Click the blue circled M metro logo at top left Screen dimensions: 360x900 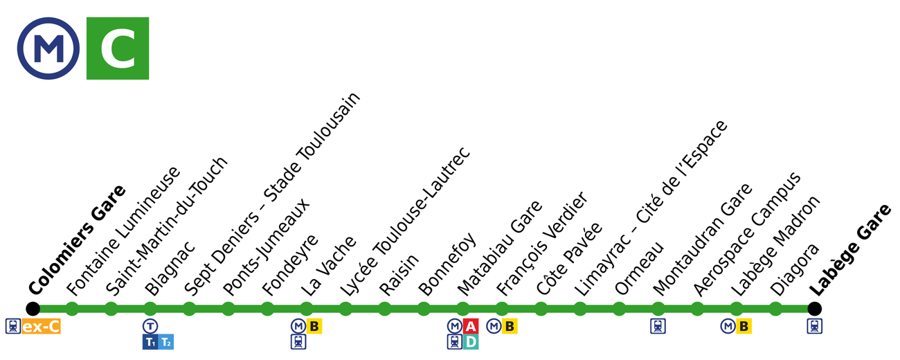click(x=48, y=48)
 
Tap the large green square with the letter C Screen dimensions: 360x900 click(x=118, y=48)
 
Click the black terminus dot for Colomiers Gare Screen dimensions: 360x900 click(x=33, y=309)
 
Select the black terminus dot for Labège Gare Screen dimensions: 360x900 click(x=815, y=309)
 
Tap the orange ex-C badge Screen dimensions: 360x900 click(x=42, y=326)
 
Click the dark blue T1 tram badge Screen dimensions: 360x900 click(x=150, y=341)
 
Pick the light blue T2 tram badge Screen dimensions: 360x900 click(x=166, y=341)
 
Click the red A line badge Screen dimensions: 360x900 click(x=471, y=326)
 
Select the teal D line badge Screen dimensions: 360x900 click(x=471, y=341)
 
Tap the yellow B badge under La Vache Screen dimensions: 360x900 click(x=315, y=326)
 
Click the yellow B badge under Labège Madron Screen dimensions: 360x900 click(x=744, y=326)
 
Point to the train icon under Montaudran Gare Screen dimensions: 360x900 click(x=658, y=326)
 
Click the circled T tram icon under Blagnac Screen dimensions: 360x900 click(x=150, y=326)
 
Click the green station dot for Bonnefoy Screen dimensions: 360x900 click(x=424, y=309)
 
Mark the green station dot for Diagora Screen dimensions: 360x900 click(x=775, y=309)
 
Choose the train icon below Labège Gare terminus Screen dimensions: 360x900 click(x=815, y=326)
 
